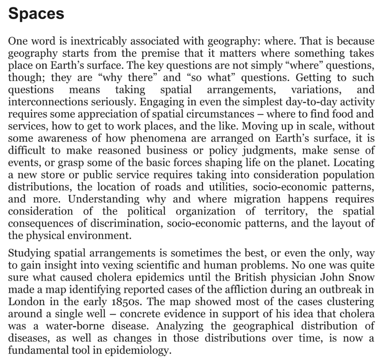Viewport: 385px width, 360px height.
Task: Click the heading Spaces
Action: click(36, 14)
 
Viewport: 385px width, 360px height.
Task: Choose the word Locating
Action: click(355, 163)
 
